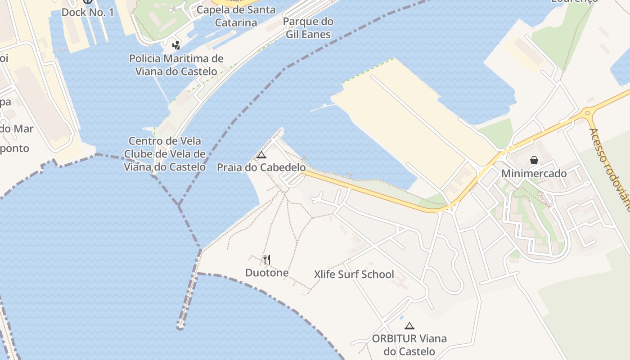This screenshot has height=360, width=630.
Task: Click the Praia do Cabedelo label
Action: tap(261, 167)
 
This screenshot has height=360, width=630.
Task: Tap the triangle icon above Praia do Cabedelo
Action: tap(261, 155)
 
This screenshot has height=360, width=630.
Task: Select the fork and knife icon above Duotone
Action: tap(267, 259)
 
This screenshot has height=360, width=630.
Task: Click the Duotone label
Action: tap(267, 273)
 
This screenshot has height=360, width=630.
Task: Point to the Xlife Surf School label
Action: tap(354, 274)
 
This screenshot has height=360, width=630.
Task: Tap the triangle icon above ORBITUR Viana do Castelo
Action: tap(409, 326)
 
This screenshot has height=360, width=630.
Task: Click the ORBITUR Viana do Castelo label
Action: tap(409, 345)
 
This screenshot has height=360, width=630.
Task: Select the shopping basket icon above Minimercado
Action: tap(534, 160)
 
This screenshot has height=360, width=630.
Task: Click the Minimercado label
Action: tap(534, 173)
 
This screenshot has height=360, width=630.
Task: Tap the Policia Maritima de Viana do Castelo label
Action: tap(176, 65)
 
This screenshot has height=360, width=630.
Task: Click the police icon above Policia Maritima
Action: tap(176, 45)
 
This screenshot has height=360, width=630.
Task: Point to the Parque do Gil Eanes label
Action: tap(308, 28)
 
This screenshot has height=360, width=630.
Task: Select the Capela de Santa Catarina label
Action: tap(236, 16)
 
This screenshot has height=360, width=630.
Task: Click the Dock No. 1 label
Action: tap(87, 12)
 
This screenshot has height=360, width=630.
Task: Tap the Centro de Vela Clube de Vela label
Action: tap(165, 154)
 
